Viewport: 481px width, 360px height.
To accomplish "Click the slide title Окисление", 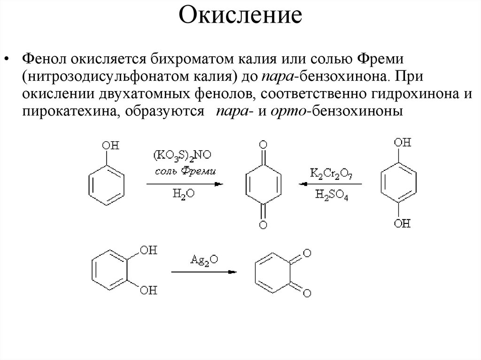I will [x=240, y=16].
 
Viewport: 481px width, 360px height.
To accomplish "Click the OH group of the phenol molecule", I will [x=111, y=146].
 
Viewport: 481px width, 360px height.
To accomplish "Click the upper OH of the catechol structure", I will [x=149, y=249].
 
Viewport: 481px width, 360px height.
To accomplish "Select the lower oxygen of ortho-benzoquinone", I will [x=307, y=293].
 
